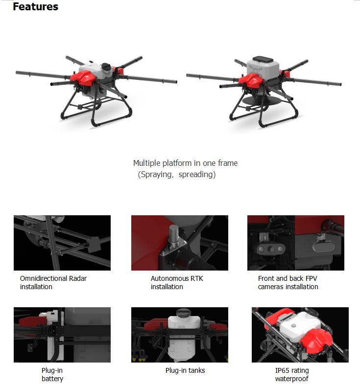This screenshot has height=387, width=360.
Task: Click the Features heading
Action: [x=36, y=7]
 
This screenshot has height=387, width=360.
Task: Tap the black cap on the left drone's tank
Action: [x=106, y=67]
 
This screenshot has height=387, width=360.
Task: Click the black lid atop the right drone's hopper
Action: [x=263, y=59]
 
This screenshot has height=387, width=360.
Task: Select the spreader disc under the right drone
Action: [x=259, y=101]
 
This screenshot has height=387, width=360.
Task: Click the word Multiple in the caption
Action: [x=147, y=163]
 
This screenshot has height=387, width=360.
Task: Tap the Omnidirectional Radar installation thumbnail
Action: [x=62, y=243]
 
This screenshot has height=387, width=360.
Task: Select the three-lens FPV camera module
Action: [x=271, y=249]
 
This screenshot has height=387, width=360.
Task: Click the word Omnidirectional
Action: [x=44, y=278]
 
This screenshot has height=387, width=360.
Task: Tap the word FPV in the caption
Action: [x=311, y=278]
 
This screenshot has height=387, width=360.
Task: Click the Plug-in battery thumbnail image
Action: [x=62, y=335]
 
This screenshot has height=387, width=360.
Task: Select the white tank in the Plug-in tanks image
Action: [x=184, y=336]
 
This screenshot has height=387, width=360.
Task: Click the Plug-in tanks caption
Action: [x=185, y=370]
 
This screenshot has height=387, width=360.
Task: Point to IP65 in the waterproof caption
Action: [x=282, y=370]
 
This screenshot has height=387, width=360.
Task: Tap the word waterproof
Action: [x=291, y=379]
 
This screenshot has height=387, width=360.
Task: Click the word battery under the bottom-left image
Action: [x=52, y=379]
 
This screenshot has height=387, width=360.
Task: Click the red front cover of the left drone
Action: [x=83, y=77]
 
